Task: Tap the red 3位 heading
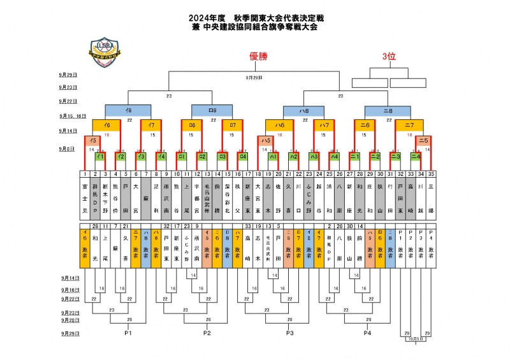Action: pyautogui.click(x=389, y=57)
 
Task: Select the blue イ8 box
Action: pyautogui.click(x=129, y=110)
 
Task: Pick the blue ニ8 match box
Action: pyautogui.click(x=389, y=110)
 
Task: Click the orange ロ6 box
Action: pyautogui.click(x=192, y=126)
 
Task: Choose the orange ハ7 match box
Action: pyautogui.click(x=324, y=126)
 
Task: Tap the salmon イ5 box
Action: pyautogui.click(x=93, y=140)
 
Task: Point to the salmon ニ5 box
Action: pyautogui.click(x=423, y=140)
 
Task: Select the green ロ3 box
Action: pyautogui.click(x=222, y=155)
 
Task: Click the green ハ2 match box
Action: pyautogui.click(x=293, y=155)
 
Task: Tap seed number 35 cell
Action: pyautogui.click(x=432, y=173)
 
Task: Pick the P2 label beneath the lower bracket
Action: pyautogui.click(x=207, y=333)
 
